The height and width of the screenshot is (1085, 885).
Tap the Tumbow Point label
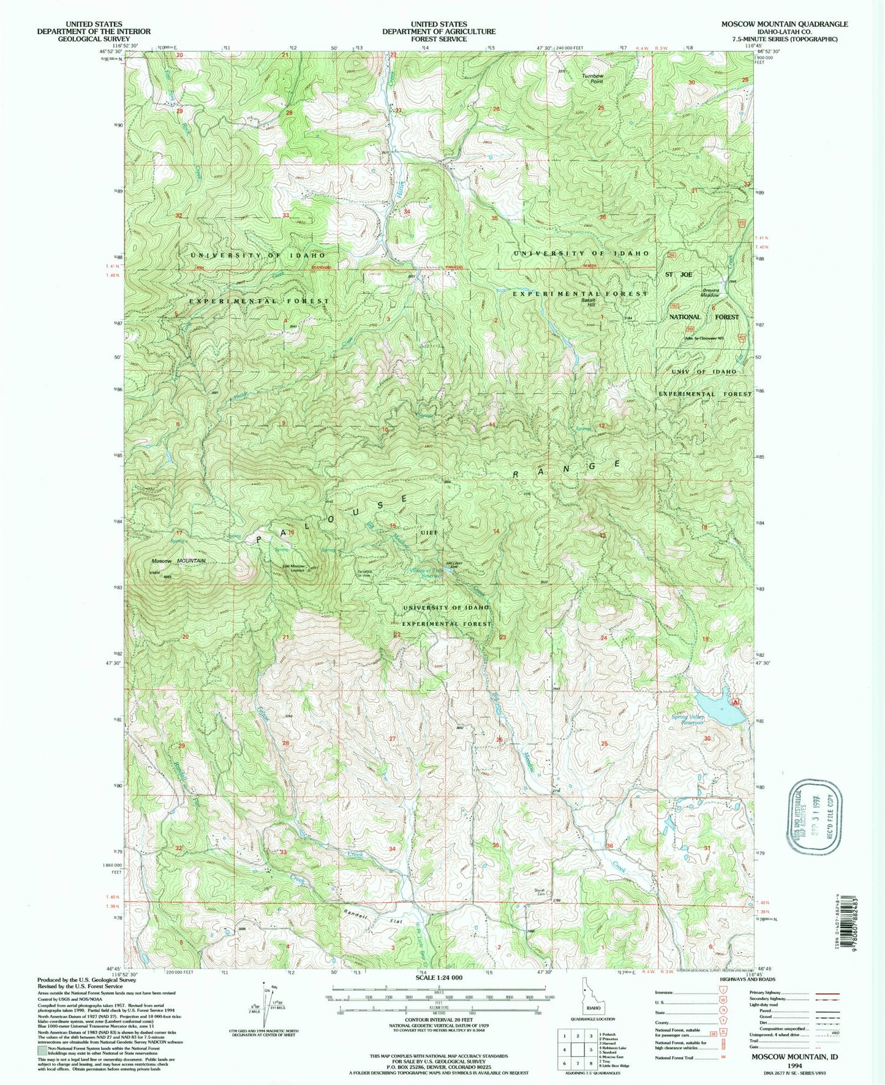(592, 78)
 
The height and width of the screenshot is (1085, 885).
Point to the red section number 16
(292, 532)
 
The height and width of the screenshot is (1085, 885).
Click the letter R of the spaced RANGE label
(516, 474)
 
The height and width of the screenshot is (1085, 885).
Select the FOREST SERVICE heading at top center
(439, 39)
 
